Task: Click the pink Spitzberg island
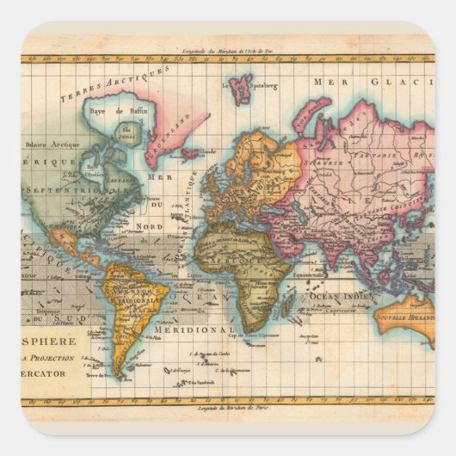click(x=242, y=87)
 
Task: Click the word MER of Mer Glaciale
click(x=329, y=81)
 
